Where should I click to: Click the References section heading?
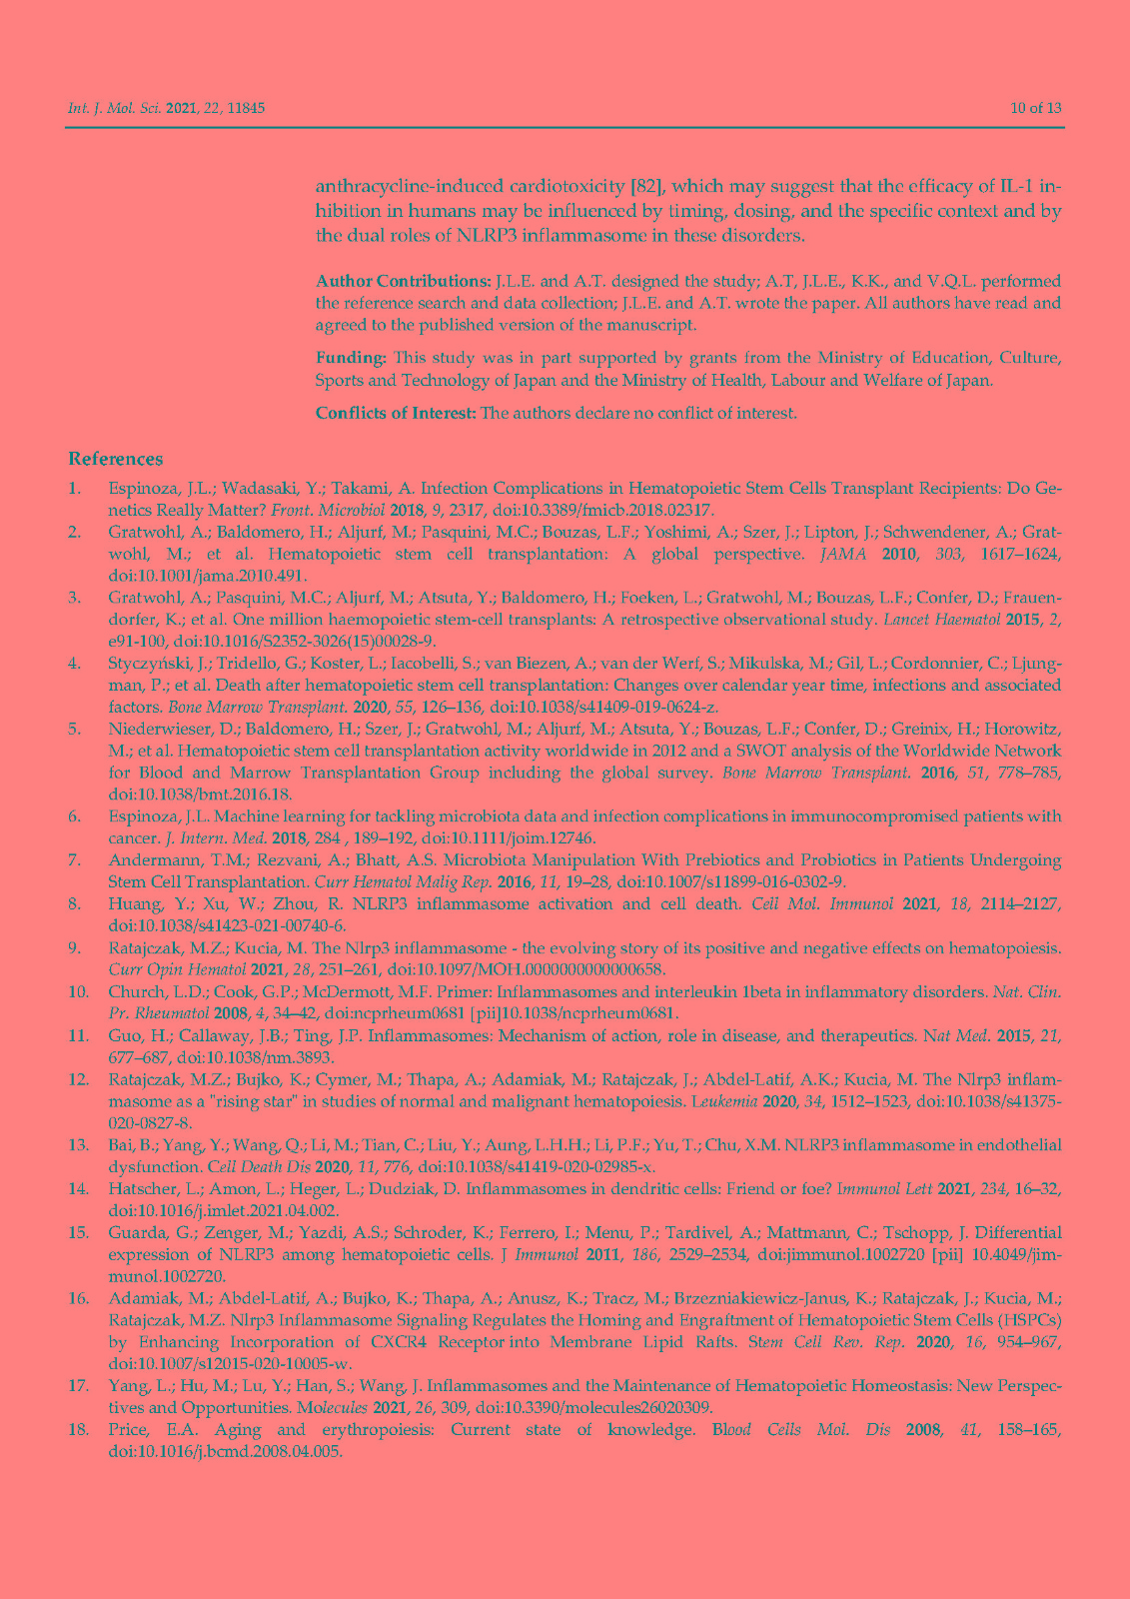115,459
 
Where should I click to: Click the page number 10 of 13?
1035,108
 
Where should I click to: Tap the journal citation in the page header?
166,108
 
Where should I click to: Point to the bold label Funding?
351,357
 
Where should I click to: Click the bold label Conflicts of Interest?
396,413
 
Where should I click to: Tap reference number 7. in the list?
75,859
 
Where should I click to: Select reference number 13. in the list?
78,1144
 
